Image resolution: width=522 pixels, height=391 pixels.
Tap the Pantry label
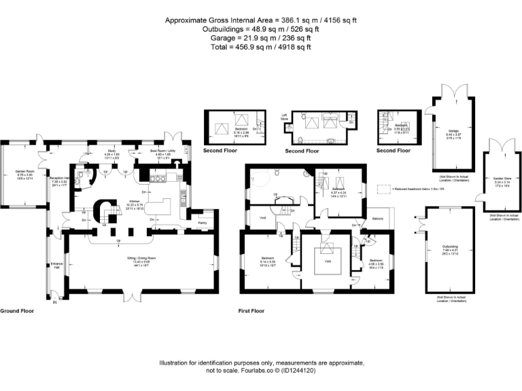pyautogui.click(x=202, y=222)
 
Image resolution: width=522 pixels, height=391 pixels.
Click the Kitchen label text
pyautogui.click(x=134, y=201)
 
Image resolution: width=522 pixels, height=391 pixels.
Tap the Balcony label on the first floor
pyautogui.click(x=376, y=219)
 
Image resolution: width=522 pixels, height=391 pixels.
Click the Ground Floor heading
pyautogui.click(x=17, y=310)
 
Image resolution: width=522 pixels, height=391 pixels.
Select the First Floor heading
pyautogui.click(x=251, y=311)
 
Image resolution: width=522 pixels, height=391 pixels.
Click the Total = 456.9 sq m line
pyautogui.click(x=261, y=47)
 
